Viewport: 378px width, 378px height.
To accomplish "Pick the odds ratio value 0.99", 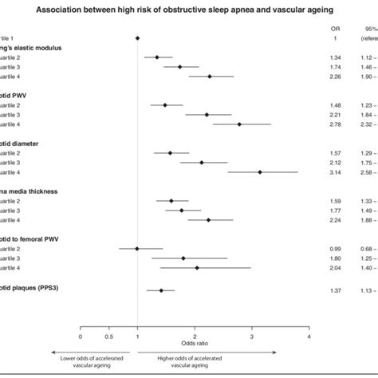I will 335,248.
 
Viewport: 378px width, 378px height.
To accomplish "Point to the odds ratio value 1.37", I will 335,290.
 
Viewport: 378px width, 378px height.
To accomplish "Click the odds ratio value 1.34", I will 335,57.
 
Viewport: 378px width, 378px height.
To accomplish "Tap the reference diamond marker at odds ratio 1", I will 137,37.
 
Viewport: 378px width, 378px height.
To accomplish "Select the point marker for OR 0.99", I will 137,248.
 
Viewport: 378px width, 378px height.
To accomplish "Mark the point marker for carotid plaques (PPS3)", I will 161,290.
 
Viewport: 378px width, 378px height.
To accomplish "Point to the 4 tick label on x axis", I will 309,337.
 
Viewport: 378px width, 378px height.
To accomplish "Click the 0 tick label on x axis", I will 81,337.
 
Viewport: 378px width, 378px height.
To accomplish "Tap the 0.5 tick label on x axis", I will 108,337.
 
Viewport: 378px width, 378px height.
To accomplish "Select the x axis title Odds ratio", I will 195,345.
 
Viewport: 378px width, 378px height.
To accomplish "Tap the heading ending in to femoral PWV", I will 32,238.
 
